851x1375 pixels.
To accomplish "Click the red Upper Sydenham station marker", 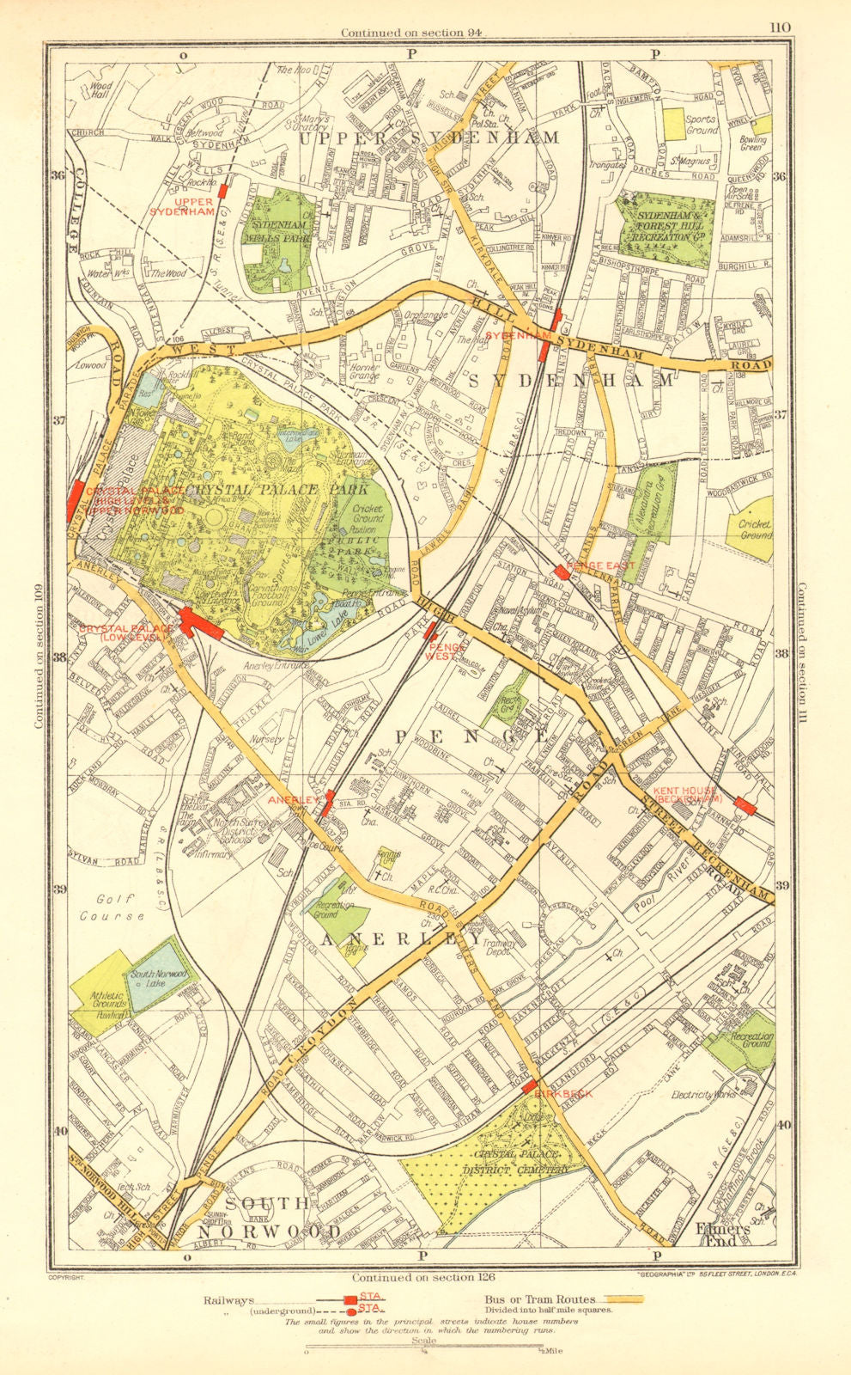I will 223,190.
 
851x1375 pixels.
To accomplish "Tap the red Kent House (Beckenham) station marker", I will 745,806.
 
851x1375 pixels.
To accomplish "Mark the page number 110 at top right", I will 779,27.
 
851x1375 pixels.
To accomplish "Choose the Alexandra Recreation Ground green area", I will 656,503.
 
